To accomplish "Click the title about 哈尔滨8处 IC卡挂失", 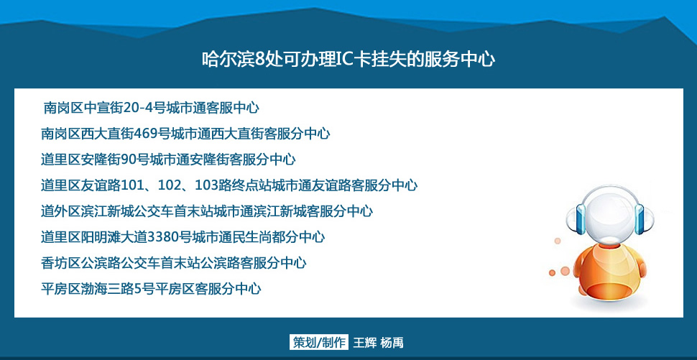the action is click(x=348, y=59).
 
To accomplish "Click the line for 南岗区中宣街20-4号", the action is click(x=151, y=108).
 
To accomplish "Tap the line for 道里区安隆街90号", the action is click(x=168, y=159).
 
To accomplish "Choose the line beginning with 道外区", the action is click(x=207, y=211).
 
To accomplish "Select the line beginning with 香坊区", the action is click(x=173, y=263).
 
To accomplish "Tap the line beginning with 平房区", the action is click(x=151, y=288).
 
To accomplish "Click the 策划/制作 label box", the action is click(x=319, y=342).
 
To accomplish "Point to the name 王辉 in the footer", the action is click(x=365, y=343).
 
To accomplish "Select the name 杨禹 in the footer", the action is click(x=392, y=343).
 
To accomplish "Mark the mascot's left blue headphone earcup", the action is click(x=582, y=218).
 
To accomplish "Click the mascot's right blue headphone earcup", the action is click(x=640, y=218).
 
